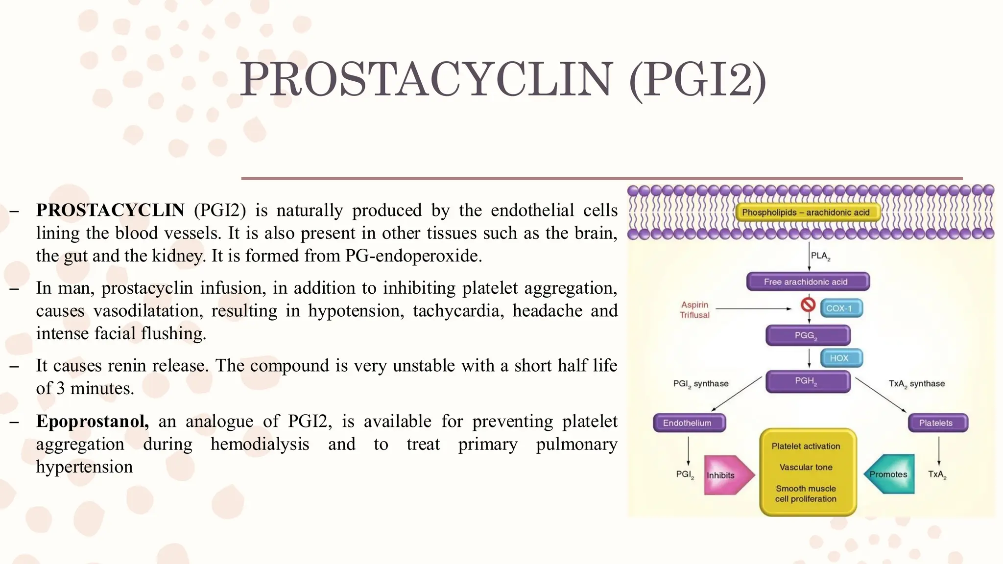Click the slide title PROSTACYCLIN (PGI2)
point(502,80)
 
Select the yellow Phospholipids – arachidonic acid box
point(806,212)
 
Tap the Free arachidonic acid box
point(808,282)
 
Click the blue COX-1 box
point(840,308)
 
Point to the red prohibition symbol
point(808,305)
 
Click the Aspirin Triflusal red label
point(694,310)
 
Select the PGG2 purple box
point(807,335)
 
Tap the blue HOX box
point(840,358)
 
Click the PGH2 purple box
point(807,381)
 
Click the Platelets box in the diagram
point(937,423)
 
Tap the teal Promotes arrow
point(890,474)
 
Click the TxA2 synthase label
point(917,384)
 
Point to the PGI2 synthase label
point(701,384)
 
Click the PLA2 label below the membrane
point(820,256)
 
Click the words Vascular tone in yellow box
point(806,467)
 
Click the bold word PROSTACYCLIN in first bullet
point(110,210)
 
